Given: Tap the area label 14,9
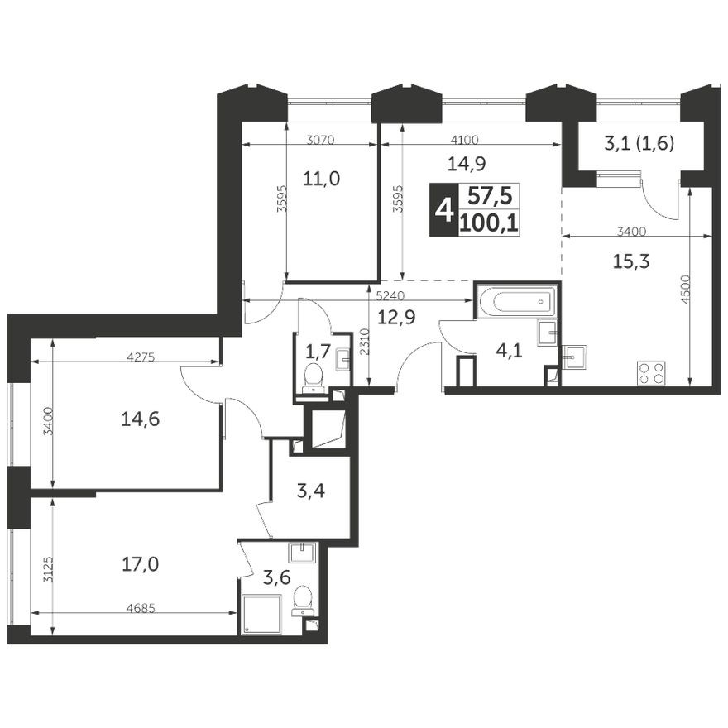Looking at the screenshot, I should coord(468,163).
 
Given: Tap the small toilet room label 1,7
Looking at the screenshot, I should coord(318,351).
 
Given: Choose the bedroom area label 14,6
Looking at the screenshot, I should coord(140,419).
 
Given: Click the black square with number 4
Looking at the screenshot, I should coord(444,210).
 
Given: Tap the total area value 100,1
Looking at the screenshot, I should coord(488,222).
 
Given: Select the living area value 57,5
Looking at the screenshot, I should coord(488,196).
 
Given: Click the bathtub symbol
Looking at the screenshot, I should coord(517,300).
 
